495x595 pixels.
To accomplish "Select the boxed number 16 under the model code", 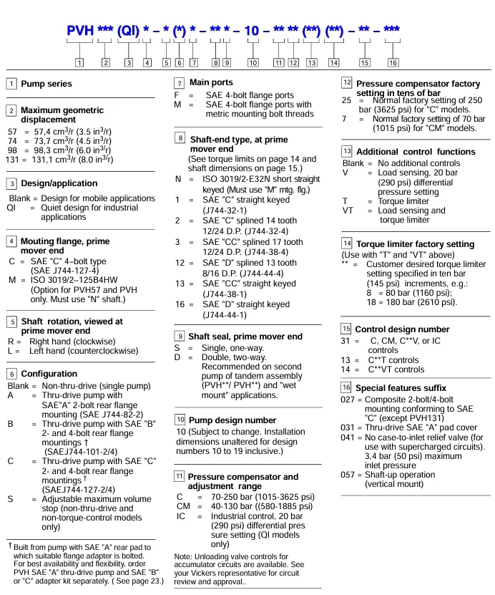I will [393, 62].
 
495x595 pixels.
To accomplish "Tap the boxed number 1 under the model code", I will [79, 62].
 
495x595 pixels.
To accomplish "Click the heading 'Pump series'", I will [46, 84].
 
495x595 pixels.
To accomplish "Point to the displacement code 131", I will [11, 160].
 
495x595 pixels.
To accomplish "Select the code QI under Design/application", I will [11, 208].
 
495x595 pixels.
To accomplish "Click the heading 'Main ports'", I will [211, 83].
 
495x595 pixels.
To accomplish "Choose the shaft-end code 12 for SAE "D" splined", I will [181, 263].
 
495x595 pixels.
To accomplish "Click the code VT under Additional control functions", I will [348, 211].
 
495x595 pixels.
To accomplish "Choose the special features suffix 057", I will [348, 475].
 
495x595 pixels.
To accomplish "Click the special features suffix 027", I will [348, 400].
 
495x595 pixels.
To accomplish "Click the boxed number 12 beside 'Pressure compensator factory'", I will [346, 82].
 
